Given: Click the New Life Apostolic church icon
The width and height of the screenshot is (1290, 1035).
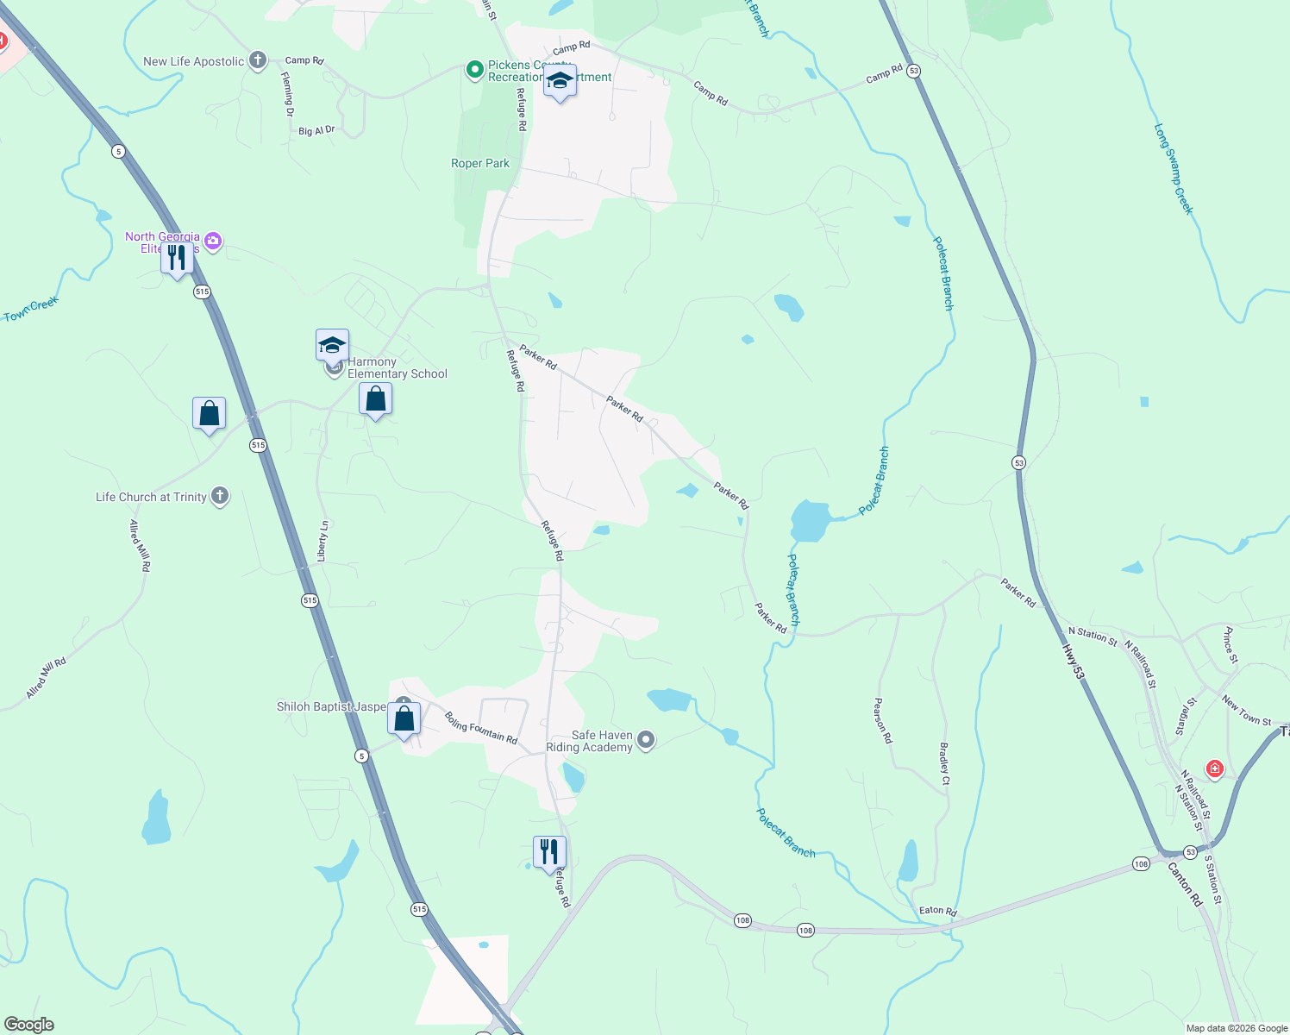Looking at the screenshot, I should coord(257,60).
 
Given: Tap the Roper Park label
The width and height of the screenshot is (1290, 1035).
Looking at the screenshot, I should coord(480,163).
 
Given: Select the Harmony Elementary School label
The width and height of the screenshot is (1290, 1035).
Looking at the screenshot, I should coord(397,368).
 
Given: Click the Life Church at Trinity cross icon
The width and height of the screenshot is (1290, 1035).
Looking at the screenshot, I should coord(220,496).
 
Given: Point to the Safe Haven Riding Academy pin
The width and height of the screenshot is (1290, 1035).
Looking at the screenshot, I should coord(647,740).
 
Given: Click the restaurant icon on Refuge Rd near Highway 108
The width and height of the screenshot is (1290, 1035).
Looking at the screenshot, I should coord(549,852).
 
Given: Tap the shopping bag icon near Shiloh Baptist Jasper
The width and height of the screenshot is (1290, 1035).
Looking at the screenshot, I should coord(404,718).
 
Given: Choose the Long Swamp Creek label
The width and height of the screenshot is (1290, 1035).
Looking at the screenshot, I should coord(1174,169).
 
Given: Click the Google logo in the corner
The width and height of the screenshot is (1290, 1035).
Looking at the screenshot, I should coord(29,1024).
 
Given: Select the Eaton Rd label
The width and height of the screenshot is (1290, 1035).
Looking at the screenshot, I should coord(937,911).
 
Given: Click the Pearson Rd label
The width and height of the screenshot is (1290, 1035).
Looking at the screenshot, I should coord(883,721).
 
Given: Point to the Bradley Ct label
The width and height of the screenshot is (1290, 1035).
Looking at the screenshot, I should coord(944,763).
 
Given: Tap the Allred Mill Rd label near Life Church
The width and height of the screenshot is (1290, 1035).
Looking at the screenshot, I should coord(140,545).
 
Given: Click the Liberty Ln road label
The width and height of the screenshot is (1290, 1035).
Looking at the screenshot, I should coord(322,542).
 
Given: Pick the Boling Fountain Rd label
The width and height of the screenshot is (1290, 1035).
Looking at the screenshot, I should coord(480,728).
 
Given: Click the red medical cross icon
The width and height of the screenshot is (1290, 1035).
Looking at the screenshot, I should coord(1214,768).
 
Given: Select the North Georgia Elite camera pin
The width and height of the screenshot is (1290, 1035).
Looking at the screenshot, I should coord(213,241).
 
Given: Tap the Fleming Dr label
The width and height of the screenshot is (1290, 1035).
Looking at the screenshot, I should coord(288,94).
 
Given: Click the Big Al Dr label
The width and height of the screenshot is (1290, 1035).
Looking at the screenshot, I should coord(316,131).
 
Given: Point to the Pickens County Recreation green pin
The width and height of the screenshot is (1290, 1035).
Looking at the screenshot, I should coord(473,70).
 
